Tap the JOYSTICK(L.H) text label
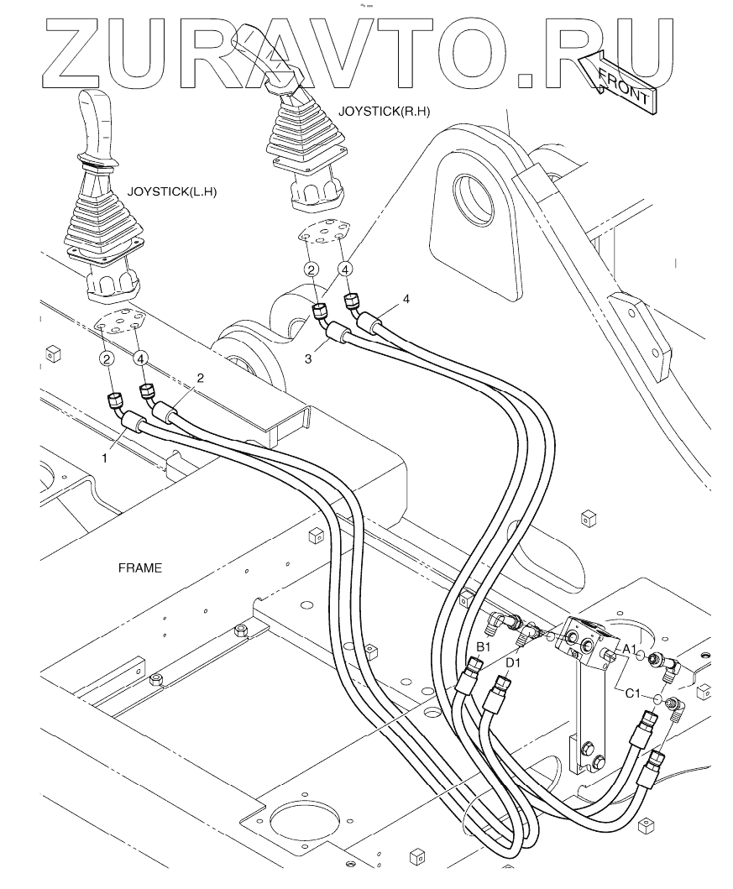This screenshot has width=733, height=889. (172, 191)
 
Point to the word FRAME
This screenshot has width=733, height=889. (139, 568)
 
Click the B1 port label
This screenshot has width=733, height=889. (483, 646)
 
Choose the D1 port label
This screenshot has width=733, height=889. (514, 663)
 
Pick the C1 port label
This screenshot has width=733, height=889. (633, 693)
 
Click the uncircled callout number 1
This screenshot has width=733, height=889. (106, 458)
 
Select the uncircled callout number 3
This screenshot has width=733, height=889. (309, 358)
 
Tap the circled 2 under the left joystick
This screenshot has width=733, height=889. (107, 358)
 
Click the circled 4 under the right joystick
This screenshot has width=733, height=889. (345, 269)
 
